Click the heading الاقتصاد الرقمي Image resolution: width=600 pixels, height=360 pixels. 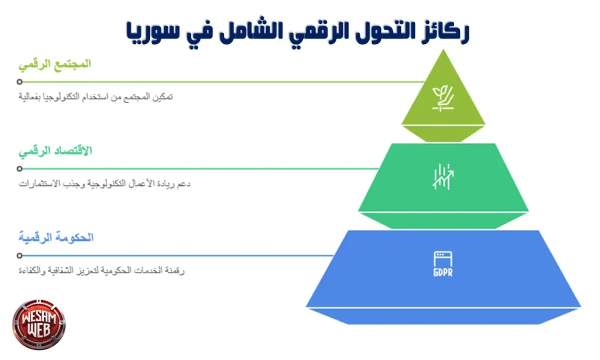pos(56,151)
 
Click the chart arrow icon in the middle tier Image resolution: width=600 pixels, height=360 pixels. pos(443,176)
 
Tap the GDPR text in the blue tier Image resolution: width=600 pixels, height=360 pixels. pos(443,274)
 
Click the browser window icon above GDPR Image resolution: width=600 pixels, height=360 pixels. pos(443,259)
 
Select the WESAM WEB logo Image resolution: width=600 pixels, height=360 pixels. pos(39,324)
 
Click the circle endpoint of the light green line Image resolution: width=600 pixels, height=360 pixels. pos(20,82)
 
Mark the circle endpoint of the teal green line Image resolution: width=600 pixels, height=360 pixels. pos(20,169)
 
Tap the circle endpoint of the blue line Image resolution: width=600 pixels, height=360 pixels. pos(20,256)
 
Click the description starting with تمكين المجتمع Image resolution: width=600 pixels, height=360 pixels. pos(96,97)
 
